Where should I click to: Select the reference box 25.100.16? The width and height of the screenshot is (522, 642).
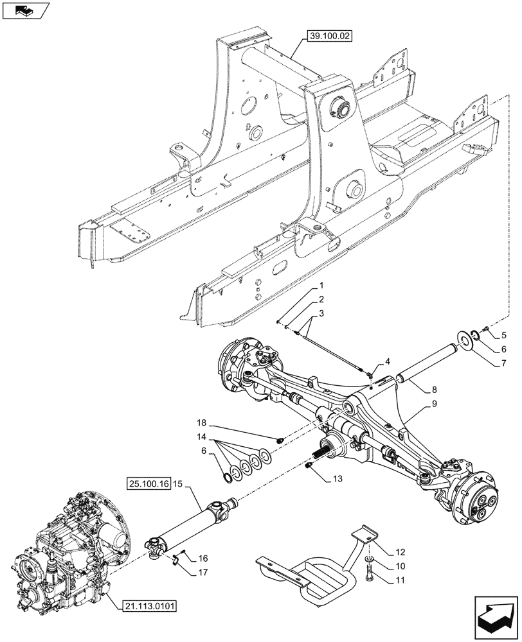[148, 483]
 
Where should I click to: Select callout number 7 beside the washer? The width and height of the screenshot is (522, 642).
[503, 363]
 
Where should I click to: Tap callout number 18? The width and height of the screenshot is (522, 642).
[202, 423]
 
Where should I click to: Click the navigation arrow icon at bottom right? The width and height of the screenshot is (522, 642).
[495, 617]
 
